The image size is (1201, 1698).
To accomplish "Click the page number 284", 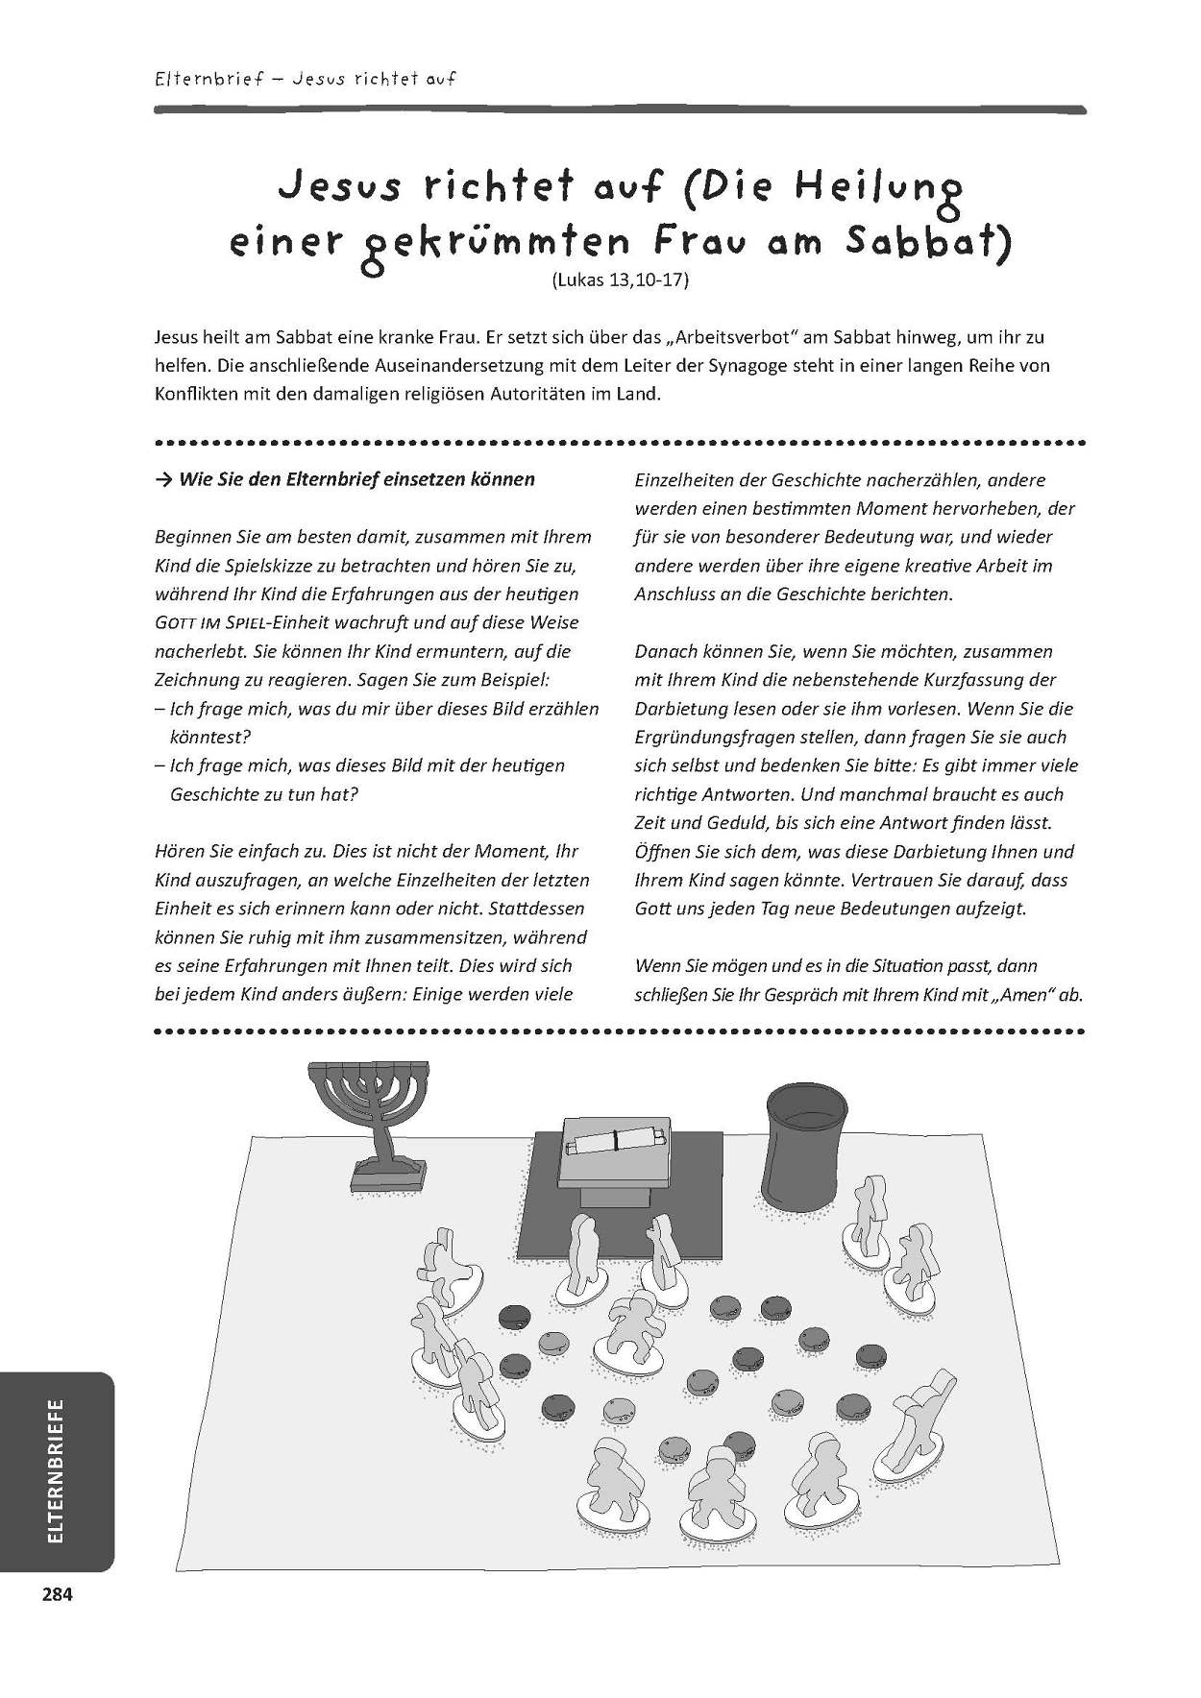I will click(57, 1595).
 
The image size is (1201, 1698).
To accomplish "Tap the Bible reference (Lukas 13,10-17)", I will click(621, 281).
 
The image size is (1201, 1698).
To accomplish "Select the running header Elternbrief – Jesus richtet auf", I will click(305, 78).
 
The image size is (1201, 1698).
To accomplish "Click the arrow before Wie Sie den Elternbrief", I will click(163, 479).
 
